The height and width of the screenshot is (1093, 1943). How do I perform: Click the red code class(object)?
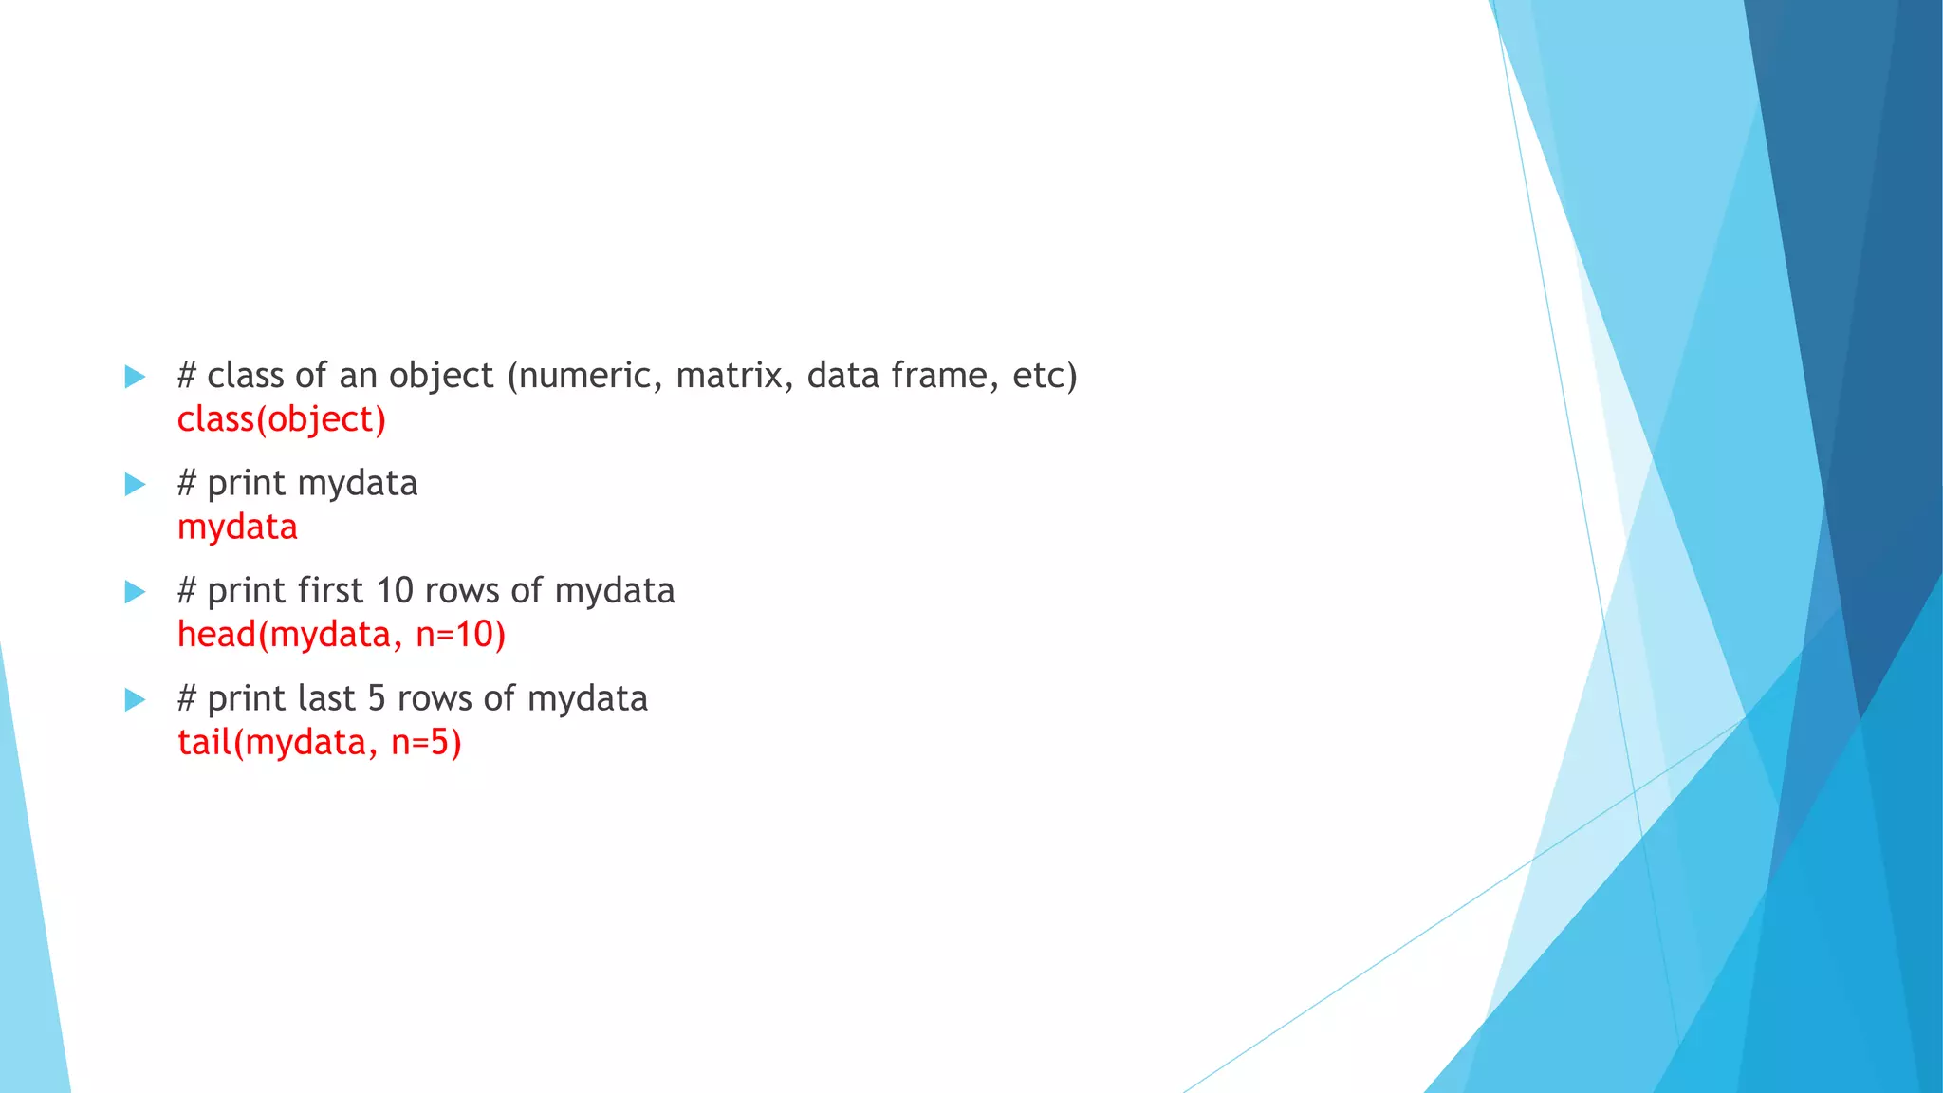point(282,419)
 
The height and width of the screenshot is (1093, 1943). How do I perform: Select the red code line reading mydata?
point(237,527)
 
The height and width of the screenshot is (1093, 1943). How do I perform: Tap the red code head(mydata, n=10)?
point(342,634)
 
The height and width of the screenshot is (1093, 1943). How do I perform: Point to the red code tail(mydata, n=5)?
point(320,742)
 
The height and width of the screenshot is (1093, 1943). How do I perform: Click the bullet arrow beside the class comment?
point(135,377)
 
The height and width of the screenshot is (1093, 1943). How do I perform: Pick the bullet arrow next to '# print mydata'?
point(135,485)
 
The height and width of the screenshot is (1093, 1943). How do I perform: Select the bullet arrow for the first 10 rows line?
point(135,592)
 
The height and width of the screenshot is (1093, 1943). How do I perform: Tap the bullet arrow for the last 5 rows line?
point(135,700)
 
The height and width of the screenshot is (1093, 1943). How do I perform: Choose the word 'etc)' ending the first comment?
point(1045,376)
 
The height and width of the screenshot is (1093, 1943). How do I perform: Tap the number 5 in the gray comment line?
point(377,698)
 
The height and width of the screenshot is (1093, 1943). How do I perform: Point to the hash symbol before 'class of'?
point(187,376)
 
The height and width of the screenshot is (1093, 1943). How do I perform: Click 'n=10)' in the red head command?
point(460,634)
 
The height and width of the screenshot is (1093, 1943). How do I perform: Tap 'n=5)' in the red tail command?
point(426,742)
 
